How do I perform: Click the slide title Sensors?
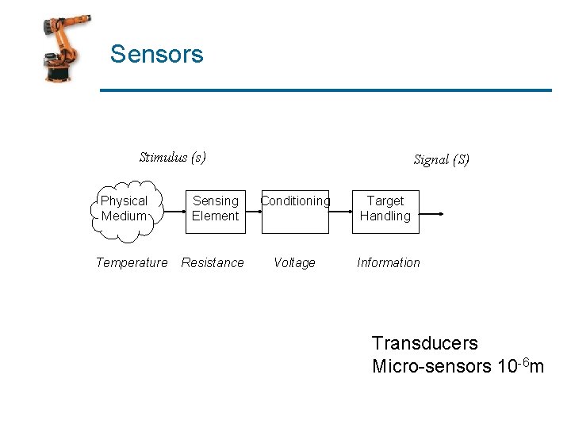tap(156, 54)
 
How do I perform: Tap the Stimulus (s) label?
tap(172, 157)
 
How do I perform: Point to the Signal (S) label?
tap(441, 159)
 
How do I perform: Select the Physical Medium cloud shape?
tap(125, 209)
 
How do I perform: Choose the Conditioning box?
tap(295, 211)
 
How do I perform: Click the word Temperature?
tap(132, 262)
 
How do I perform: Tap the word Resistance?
tap(213, 262)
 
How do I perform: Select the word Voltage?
tap(294, 262)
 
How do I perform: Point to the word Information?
tap(389, 262)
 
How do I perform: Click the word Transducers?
tap(425, 343)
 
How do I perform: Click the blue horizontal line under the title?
tap(325, 90)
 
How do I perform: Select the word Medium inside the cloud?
tap(125, 216)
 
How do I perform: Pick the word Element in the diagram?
tap(215, 216)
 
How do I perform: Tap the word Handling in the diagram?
tap(385, 216)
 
